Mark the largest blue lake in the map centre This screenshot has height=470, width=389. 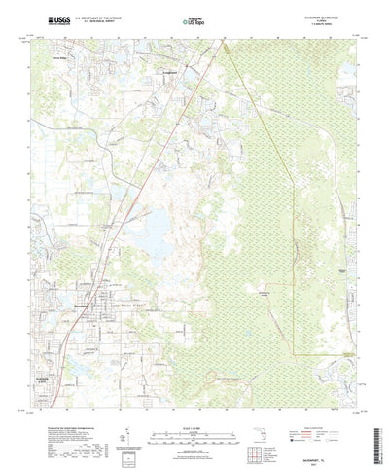click(156, 233)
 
